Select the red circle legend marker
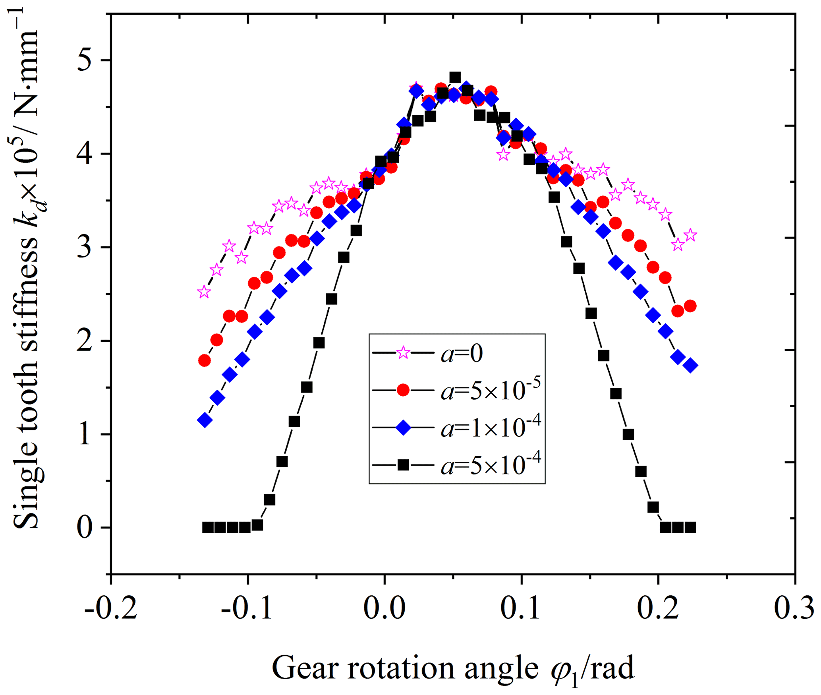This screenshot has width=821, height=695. click(403, 390)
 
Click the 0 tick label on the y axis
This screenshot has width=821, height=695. click(85, 528)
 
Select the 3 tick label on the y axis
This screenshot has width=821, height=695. click(85, 248)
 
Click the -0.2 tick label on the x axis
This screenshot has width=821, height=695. click(111, 609)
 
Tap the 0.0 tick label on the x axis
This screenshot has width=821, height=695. click(384, 609)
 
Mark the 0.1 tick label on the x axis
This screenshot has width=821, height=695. click(521, 609)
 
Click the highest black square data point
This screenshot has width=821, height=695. click(455, 77)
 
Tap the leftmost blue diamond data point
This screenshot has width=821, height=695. click(205, 420)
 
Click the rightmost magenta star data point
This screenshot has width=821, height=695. click(690, 235)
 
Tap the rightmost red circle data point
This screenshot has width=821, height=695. click(690, 306)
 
